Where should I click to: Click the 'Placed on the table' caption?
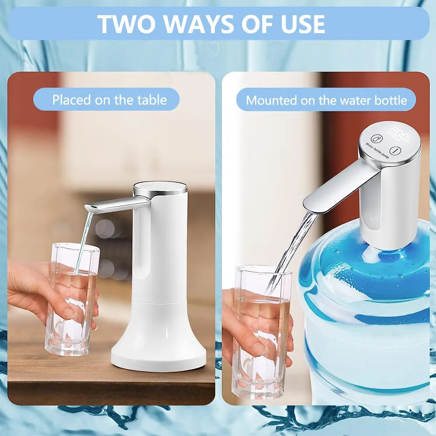tap(109, 100)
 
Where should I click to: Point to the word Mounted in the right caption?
tap(271, 100)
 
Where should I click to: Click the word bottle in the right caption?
tap(390, 100)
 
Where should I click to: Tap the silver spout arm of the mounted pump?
tap(338, 187)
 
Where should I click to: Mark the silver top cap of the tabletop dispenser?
tap(160, 188)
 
